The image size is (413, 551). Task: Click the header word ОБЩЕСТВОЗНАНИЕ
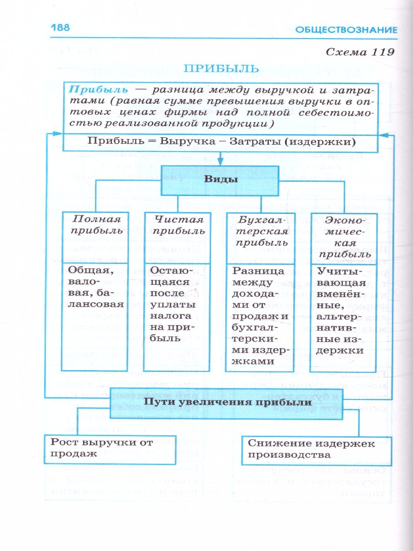point(346,30)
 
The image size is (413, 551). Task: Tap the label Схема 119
point(360,52)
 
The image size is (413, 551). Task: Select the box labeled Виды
point(220,180)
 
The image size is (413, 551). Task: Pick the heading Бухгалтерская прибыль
point(260,231)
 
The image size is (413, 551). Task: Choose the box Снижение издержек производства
point(311,449)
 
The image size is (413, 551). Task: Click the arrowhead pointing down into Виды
point(221,161)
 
